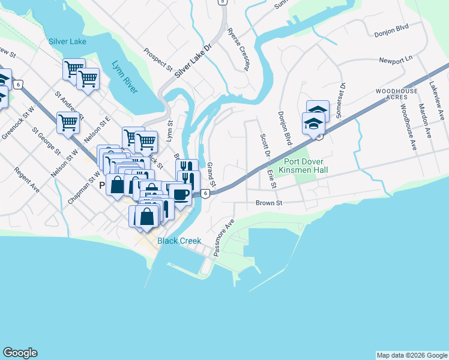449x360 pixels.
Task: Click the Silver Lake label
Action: pos(67,41)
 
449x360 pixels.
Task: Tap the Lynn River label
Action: pos(125,77)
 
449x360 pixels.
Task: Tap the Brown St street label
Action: pos(268,203)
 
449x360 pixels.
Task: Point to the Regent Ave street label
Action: pos(28,180)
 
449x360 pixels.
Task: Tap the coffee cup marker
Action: pos(179,194)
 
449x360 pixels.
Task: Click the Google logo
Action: pos(20,353)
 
